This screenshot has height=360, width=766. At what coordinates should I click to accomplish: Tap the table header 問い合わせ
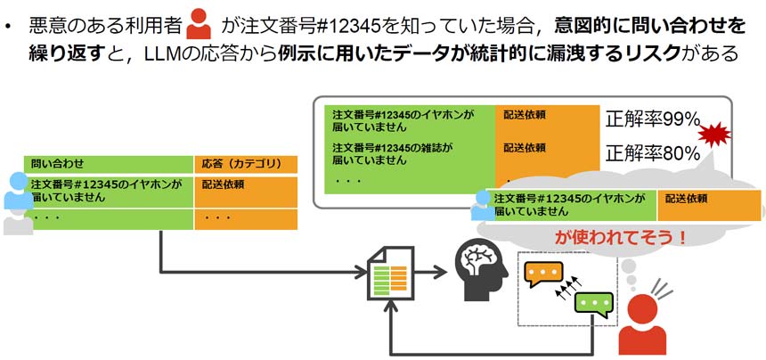[x=58, y=164]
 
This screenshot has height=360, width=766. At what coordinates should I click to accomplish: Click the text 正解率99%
[x=653, y=119]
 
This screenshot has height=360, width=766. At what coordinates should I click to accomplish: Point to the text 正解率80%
[x=653, y=152]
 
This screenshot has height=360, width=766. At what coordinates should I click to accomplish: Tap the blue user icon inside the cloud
[x=482, y=204]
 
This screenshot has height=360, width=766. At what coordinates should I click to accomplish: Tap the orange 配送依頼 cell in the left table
[x=245, y=189]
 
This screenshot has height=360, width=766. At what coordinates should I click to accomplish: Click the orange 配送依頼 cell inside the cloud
[x=709, y=205]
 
